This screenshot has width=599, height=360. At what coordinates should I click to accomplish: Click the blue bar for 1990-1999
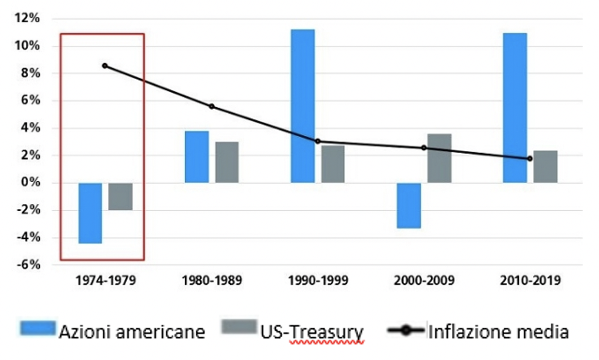pyautogui.click(x=303, y=106)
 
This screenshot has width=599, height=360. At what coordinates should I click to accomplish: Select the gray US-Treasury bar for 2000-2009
pyautogui.click(x=439, y=158)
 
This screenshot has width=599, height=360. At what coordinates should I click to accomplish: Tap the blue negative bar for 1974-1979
pyautogui.click(x=90, y=213)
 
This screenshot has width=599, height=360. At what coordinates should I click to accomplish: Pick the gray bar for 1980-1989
pyautogui.click(x=227, y=162)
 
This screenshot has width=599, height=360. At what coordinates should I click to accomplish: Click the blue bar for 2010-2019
pyautogui.click(x=515, y=108)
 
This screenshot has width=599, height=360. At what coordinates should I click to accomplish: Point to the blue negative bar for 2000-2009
pyautogui.click(x=409, y=205)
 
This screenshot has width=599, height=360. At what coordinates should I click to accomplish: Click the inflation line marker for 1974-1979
pyautogui.click(x=105, y=66)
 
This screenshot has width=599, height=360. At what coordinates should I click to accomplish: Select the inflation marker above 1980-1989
pyautogui.click(x=212, y=106)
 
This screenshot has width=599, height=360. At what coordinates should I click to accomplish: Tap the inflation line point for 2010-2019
pyautogui.click(x=530, y=158)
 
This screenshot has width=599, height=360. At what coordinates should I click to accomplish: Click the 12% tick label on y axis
pyautogui.click(x=28, y=19)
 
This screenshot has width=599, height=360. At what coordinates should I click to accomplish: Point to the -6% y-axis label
pyautogui.click(x=28, y=265)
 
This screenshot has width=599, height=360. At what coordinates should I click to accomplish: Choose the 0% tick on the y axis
pyautogui.click(x=30, y=183)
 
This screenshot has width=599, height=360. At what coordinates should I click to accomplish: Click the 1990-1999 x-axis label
pyautogui.click(x=317, y=281)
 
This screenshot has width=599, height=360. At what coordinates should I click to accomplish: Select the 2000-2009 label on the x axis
pyautogui.click(x=424, y=281)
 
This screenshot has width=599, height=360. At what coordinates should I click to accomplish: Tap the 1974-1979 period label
pyautogui.click(x=105, y=281)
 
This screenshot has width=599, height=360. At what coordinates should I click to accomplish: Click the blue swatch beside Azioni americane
pyautogui.click(x=38, y=329)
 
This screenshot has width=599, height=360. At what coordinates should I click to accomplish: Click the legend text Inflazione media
pyautogui.click(x=498, y=332)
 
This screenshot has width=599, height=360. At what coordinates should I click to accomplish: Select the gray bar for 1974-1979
pyautogui.click(x=121, y=196)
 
